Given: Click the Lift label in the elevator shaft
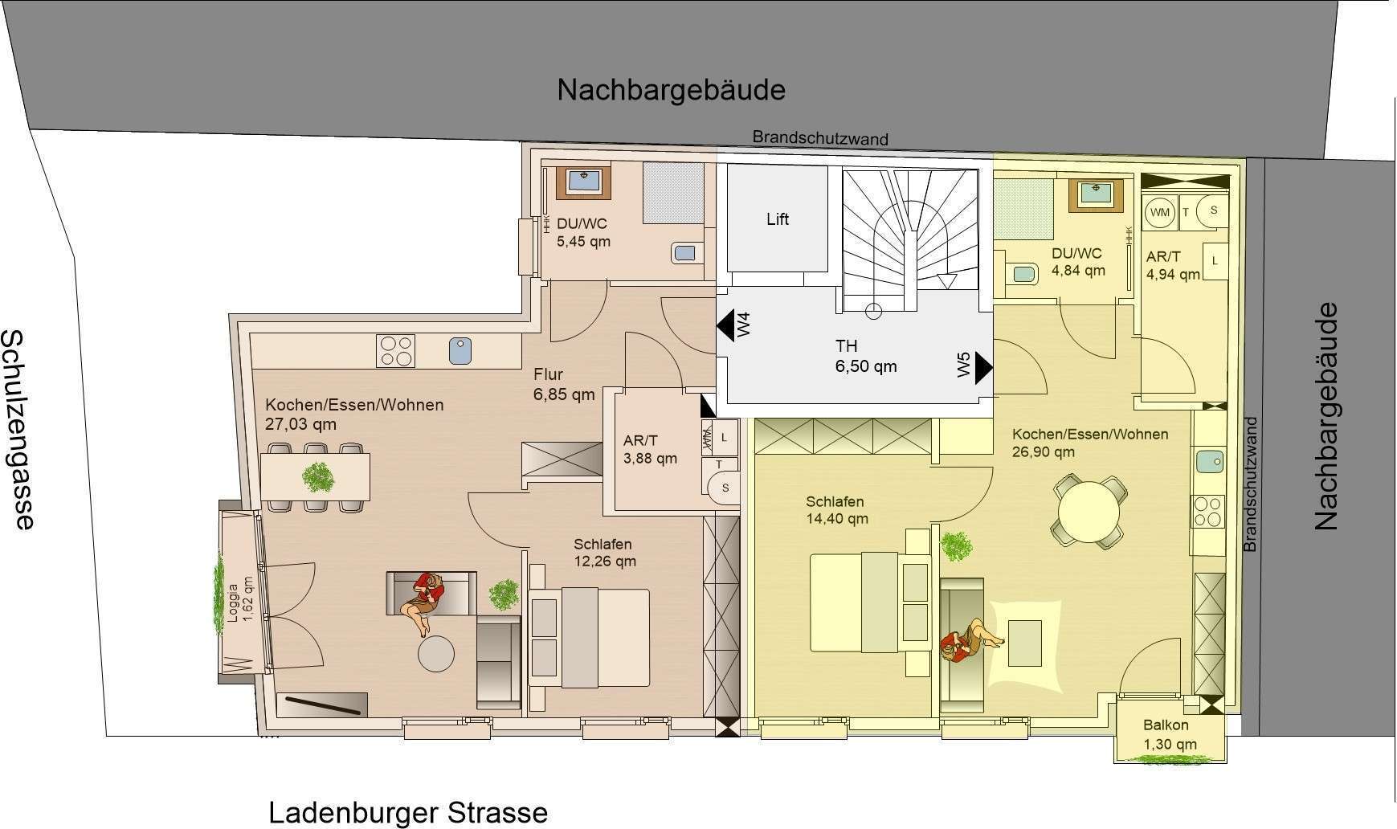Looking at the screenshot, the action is pyautogui.click(x=777, y=218).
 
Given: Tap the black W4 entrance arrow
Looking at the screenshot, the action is pyautogui.click(x=726, y=326).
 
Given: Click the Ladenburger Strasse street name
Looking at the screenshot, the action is pyautogui.click(x=408, y=812).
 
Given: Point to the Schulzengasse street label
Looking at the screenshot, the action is pyautogui.click(x=18, y=429).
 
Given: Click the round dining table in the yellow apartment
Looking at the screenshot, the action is pyautogui.click(x=1089, y=512).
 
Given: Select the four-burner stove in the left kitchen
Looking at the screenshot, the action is pyautogui.click(x=395, y=351).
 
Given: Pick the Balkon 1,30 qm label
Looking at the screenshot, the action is pyautogui.click(x=1170, y=734).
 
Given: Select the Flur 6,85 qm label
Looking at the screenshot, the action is pyautogui.click(x=563, y=384).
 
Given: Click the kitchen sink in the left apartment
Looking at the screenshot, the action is pyautogui.click(x=460, y=351).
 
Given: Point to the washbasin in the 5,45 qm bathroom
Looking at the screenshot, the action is pyautogui.click(x=584, y=182).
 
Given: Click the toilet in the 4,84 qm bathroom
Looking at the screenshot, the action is pyautogui.click(x=1020, y=273).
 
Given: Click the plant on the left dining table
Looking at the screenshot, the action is pyautogui.click(x=317, y=478).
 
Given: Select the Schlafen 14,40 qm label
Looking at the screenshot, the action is pyautogui.click(x=837, y=510).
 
